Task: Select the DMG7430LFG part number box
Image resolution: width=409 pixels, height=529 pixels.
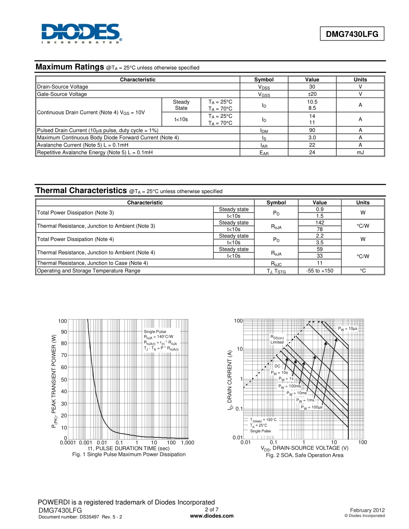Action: [352, 34]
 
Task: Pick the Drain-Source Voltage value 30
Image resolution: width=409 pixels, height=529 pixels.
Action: [312, 87]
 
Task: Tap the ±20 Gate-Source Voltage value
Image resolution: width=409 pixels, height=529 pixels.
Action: [312, 94]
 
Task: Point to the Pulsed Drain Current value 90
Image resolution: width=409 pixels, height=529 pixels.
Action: [312, 130]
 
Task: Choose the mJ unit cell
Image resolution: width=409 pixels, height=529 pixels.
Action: [360, 152]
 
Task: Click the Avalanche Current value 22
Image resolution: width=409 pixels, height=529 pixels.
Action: [312, 145]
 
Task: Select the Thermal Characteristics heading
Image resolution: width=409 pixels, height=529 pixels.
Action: [81, 191]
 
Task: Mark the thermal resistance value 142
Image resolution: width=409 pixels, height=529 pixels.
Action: [319, 223]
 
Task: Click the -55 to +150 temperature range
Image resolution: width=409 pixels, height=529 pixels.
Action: [319, 271]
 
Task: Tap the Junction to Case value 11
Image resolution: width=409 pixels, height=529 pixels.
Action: [319, 263]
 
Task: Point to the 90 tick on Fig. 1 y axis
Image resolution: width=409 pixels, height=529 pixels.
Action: [64, 332]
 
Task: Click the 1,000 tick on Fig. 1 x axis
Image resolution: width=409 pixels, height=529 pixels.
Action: [188, 443]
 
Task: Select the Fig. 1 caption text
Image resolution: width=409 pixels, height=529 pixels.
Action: [129, 455]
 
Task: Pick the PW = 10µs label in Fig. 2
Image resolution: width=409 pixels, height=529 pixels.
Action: [347, 329]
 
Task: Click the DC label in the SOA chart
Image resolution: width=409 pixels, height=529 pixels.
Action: [278, 366]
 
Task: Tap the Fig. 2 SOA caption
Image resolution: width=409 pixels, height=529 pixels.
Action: [304, 455]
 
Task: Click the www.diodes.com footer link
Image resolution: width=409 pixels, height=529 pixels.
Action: [212, 516]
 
